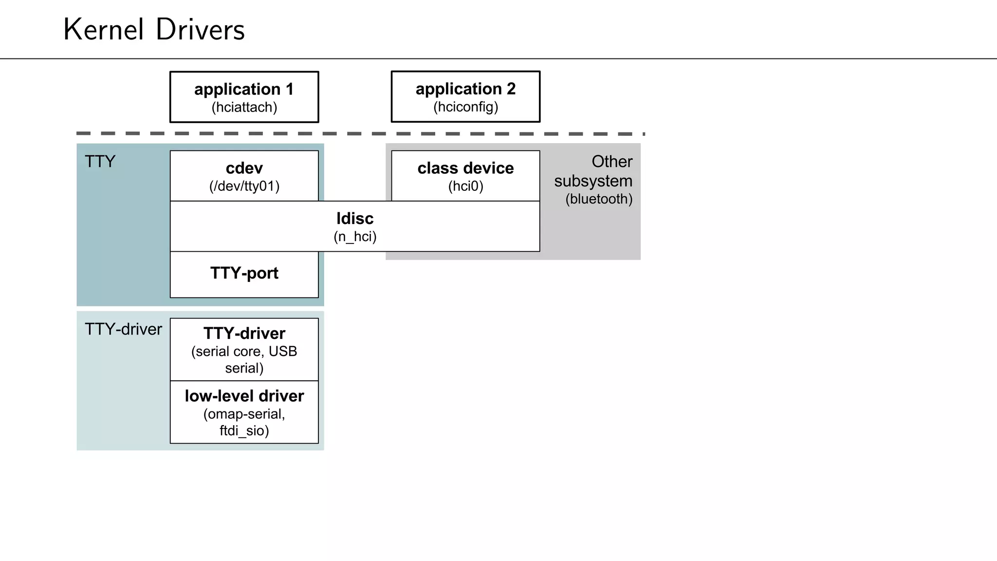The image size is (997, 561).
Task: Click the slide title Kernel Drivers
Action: click(154, 30)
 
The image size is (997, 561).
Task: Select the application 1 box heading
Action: click(244, 89)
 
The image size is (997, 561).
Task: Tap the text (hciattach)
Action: click(244, 107)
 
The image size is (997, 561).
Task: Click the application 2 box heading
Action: click(465, 89)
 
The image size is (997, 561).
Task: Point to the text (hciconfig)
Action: click(465, 107)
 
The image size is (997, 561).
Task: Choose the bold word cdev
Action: click(244, 168)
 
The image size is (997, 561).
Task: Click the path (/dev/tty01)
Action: click(244, 186)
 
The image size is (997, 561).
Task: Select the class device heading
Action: click(465, 168)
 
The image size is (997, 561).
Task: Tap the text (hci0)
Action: click(465, 186)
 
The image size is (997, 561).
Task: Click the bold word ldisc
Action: click(355, 218)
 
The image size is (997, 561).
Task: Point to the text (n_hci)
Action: click(355, 237)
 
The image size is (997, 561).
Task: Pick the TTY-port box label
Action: click(244, 273)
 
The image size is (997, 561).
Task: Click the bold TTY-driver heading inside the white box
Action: click(244, 334)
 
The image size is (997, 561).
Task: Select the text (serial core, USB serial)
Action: click(244, 359)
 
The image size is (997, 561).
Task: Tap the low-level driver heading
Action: click(244, 396)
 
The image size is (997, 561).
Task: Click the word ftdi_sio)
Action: click(244, 430)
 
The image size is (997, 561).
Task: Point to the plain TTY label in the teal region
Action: click(100, 162)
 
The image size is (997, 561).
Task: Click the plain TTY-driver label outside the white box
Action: click(123, 329)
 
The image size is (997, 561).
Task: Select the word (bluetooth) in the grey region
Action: click(599, 199)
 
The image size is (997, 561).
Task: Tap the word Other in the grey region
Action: click(612, 162)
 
